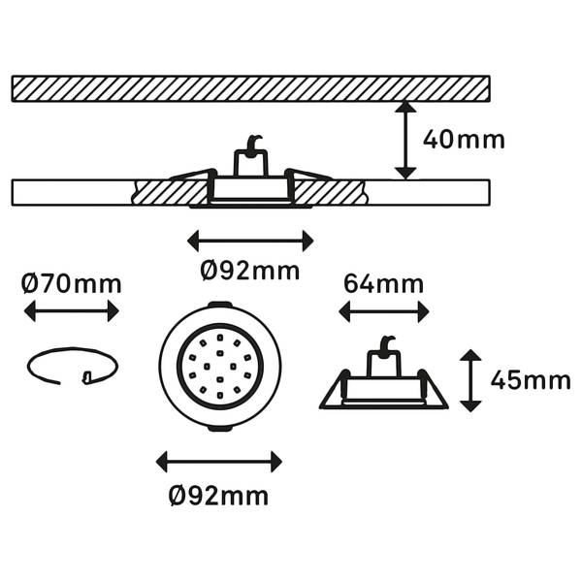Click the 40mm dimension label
click(x=464, y=140)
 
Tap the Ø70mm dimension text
click(x=71, y=284)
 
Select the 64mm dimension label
click(x=384, y=284)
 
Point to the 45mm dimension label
click(x=531, y=380)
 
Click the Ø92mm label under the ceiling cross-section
click(x=250, y=271)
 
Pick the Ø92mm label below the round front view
click(x=218, y=496)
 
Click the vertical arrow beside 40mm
click(x=405, y=140)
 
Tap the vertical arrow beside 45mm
click(x=470, y=380)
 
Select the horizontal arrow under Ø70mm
click(x=71, y=311)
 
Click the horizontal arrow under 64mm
click(x=384, y=311)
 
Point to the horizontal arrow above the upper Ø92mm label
click(x=250, y=241)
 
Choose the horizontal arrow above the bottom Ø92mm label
click(x=219, y=462)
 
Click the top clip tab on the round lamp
click(x=220, y=305)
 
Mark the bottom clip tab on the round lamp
click(x=220, y=428)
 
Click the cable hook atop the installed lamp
click(x=254, y=145)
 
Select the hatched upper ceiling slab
click(x=251, y=88)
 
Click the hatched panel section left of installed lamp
click(x=171, y=192)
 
